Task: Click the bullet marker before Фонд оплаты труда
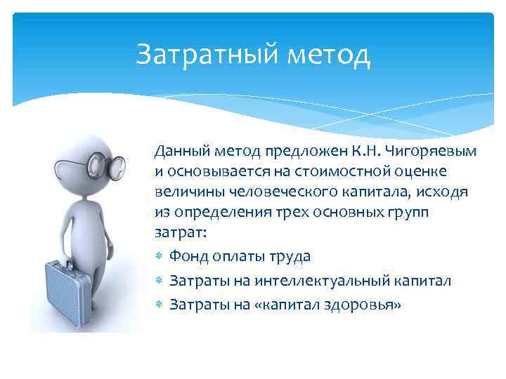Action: point(160,257)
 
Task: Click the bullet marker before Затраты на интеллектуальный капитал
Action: point(160,281)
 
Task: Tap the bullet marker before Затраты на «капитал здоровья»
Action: point(160,306)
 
